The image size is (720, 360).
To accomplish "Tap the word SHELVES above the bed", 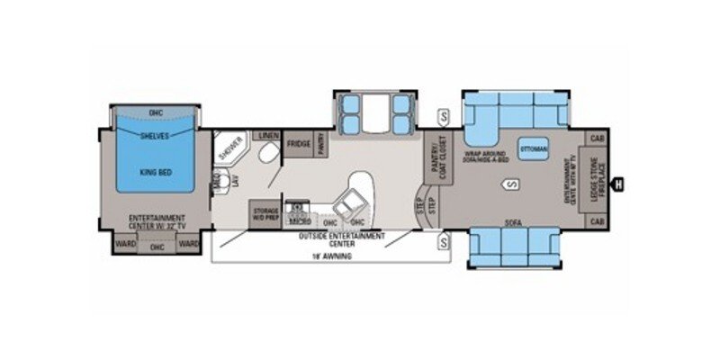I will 155,136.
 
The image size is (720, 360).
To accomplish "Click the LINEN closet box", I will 268,136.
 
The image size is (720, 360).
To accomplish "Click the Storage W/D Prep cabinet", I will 264,211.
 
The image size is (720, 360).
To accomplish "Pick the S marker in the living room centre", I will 510,184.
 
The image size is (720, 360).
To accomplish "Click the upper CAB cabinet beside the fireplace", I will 597,138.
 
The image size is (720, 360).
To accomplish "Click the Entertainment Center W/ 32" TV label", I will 156,220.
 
